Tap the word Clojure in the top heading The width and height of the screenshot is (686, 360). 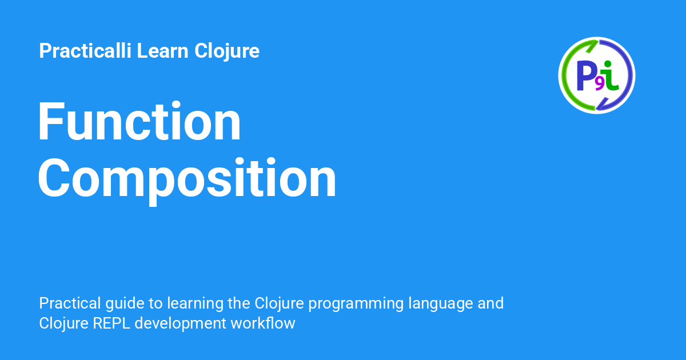(x=227, y=51)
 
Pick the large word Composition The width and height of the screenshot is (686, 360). (x=188, y=178)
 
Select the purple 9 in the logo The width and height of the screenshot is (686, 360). (x=599, y=84)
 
